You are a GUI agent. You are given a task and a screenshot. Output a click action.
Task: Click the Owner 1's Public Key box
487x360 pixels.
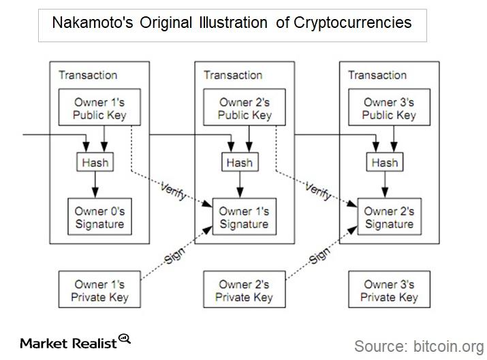click(99, 108)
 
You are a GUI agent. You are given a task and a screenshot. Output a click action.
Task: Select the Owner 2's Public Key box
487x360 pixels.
click(245, 108)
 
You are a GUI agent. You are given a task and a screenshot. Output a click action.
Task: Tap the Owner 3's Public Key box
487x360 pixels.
click(389, 108)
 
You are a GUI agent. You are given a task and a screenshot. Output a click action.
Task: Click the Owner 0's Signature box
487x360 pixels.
click(99, 217)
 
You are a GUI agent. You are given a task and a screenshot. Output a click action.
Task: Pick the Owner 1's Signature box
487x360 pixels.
click(245, 217)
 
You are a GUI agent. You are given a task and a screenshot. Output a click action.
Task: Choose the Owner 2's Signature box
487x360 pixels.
click(389, 217)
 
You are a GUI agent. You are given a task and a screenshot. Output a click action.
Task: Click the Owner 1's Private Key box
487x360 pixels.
click(99, 291)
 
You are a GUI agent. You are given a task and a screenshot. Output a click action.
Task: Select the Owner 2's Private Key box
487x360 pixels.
click(245, 291)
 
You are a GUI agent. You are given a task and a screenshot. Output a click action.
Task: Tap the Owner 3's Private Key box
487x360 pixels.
click(389, 291)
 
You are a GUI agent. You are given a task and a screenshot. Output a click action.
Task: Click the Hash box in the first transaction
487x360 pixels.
click(95, 163)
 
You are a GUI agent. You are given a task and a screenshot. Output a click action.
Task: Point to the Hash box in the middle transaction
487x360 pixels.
click(240, 163)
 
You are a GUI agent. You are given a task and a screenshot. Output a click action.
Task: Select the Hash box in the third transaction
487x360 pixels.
click(384, 163)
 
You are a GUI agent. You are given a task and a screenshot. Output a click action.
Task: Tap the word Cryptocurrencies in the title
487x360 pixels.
click(353, 22)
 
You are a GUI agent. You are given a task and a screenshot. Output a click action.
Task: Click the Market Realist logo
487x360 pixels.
click(75, 342)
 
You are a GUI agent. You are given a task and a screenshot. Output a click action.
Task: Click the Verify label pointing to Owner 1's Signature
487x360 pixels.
click(174, 190)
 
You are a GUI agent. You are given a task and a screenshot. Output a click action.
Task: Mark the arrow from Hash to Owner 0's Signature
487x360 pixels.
click(95, 184)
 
